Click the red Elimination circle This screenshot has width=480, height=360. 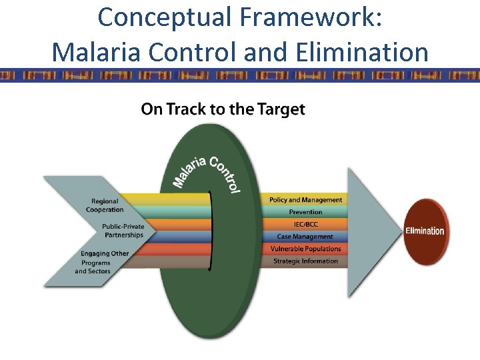click(425, 231)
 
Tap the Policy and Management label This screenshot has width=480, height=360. click(305, 200)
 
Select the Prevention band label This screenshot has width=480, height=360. click(305, 212)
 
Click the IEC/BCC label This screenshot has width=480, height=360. click(305, 224)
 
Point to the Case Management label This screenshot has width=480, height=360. click(305, 237)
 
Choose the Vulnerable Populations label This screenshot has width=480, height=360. click(305, 249)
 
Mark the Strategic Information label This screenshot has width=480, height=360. click(305, 261)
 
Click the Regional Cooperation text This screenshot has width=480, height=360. click(105, 205)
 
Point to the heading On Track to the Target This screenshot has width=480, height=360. click(223, 109)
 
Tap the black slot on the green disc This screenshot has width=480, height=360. click(211, 231)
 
